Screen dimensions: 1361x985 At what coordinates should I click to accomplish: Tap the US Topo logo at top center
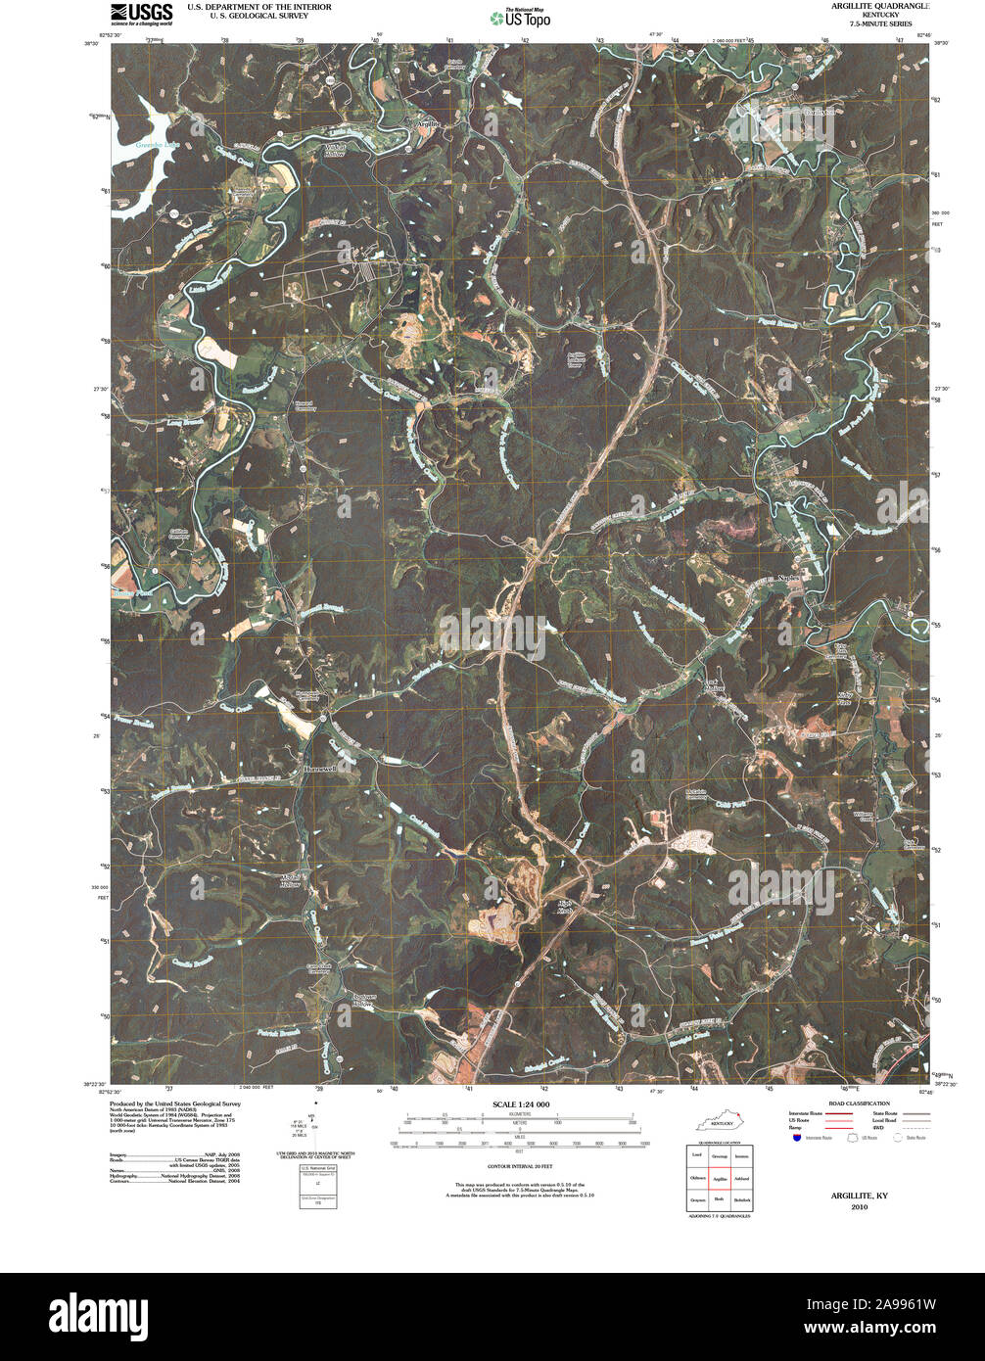(520, 17)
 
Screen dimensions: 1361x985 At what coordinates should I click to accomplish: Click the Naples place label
(788, 579)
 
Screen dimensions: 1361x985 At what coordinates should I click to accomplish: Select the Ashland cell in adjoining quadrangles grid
(742, 1179)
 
